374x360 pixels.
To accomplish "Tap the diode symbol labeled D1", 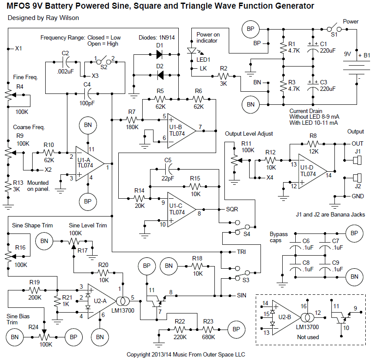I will pyautogui.click(x=159, y=55).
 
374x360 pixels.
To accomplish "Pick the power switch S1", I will pyautogui.click(x=332, y=28).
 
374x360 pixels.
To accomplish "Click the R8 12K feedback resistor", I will pyautogui.click(x=313, y=144).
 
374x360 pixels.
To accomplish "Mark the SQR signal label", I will pyautogui.click(x=232, y=209).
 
